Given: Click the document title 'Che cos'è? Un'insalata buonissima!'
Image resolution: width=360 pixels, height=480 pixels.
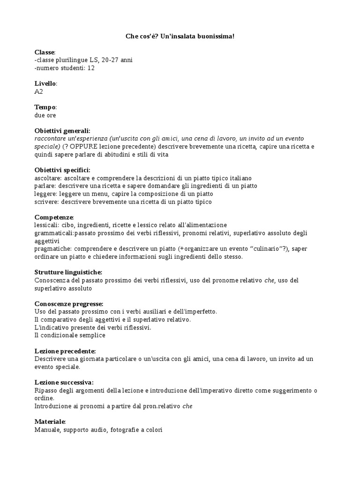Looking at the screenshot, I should coord(180,36).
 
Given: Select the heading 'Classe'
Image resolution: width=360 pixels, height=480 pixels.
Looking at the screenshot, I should coord(45,52).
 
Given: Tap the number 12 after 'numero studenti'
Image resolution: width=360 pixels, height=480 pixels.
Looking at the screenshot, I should coord(91,68).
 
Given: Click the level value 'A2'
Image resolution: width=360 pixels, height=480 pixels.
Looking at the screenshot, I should coord(39,92).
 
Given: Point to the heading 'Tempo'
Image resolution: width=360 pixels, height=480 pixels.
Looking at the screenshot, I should coord(45,107).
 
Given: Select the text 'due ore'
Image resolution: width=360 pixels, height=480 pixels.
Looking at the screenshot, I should coord(45,115).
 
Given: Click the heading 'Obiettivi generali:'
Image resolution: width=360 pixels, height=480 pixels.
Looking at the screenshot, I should coord(62,131).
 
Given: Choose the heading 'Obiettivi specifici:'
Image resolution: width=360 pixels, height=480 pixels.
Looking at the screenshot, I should coord(62,170).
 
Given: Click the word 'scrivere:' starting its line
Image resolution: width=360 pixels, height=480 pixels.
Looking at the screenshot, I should coord(46,202).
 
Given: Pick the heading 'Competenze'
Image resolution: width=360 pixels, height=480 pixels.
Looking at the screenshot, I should coord(53,217).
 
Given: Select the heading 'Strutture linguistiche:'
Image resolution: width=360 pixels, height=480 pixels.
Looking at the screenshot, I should coord(68,272).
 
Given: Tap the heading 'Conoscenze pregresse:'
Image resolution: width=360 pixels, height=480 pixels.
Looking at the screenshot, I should coord(69,304).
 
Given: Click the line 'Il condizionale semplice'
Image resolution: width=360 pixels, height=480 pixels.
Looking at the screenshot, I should coord(70,336).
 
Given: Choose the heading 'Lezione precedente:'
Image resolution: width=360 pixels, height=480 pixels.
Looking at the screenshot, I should coord(65,351).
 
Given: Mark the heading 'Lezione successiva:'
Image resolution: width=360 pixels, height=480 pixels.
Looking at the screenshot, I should coord(64,382).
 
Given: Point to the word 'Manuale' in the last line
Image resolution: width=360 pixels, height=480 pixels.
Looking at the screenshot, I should coord(46,430).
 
